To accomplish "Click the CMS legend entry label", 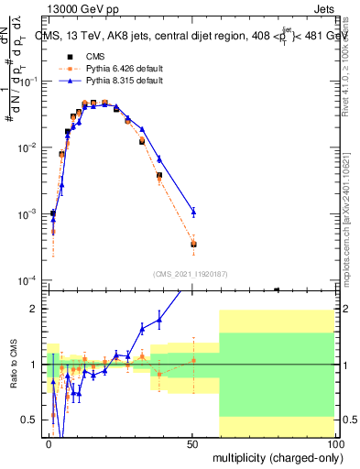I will [x=94, y=57].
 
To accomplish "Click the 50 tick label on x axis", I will [x=192, y=442].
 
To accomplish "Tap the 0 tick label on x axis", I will [x=49, y=442].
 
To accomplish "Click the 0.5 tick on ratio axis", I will [x=31, y=420].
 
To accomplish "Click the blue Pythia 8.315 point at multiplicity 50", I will [x=192, y=212].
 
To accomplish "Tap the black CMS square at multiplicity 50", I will [x=192, y=244].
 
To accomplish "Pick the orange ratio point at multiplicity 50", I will [x=192, y=360].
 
